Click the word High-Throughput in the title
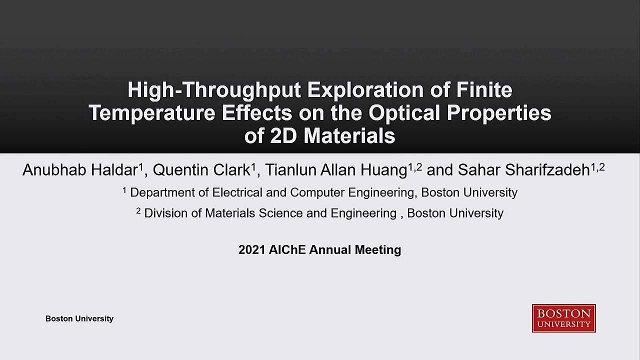[214, 90]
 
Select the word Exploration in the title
[365, 90]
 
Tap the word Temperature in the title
[152, 113]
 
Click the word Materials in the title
[349, 135]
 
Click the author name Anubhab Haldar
[80, 170]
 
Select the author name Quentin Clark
[201, 170]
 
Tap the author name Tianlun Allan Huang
[336, 170]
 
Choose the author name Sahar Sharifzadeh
[524, 170]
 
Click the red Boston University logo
[563, 318]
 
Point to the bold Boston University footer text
[79, 318]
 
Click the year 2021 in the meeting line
[251, 249]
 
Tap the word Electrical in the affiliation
[237, 192]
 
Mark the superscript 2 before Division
[138, 211]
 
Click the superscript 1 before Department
[124, 190]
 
